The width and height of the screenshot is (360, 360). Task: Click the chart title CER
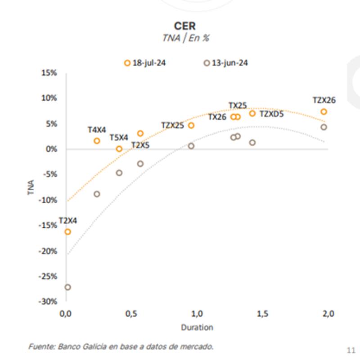point(184,26)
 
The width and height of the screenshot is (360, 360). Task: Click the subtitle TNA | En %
point(185,38)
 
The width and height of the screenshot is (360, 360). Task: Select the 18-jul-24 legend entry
point(145,63)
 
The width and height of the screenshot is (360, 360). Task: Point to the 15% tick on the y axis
point(49,73)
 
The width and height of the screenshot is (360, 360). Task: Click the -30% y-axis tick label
point(48,301)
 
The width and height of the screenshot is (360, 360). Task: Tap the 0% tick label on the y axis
point(51,149)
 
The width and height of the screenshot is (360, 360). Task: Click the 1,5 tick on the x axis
point(261,314)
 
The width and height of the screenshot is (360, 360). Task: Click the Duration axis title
point(197,327)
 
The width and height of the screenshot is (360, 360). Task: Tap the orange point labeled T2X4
point(68,232)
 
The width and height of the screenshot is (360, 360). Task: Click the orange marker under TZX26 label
point(324,112)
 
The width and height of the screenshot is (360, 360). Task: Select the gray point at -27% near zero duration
point(68,287)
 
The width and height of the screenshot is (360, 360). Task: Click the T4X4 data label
point(97,130)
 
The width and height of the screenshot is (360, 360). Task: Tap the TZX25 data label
point(172,126)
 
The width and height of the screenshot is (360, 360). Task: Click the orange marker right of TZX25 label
point(191,126)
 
